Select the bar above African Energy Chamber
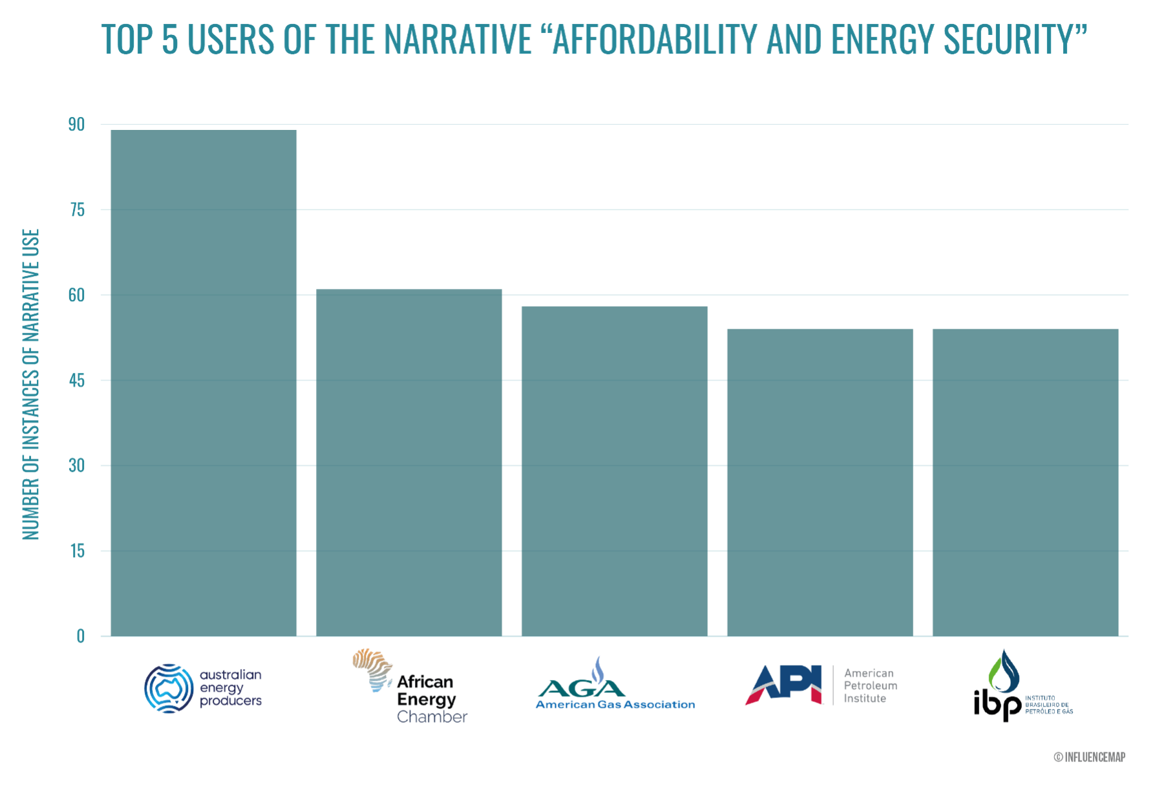(x=409, y=462)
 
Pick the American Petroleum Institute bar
(x=820, y=482)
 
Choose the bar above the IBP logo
(x=1025, y=482)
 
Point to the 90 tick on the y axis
(x=77, y=125)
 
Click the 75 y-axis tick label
(x=77, y=210)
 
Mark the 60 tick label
(x=77, y=295)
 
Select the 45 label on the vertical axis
(x=77, y=381)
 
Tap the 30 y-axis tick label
(x=77, y=466)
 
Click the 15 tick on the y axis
(x=77, y=551)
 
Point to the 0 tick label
(x=81, y=636)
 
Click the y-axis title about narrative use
(x=31, y=384)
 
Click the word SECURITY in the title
(x=1015, y=39)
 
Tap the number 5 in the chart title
(x=170, y=39)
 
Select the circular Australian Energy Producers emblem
(x=169, y=688)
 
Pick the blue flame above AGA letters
(x=599, y=669)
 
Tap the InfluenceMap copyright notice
(x=1089, y=756)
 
